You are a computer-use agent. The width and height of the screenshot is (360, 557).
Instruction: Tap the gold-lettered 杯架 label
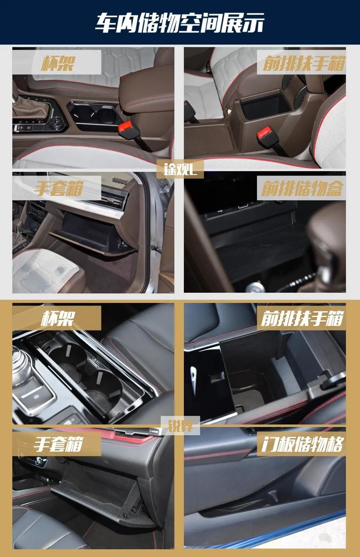58,63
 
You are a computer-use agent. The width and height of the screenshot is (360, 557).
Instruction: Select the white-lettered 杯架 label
58,318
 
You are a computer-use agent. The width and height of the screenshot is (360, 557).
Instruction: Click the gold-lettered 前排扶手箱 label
304,63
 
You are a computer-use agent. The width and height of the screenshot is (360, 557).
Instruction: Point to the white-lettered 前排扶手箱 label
302,318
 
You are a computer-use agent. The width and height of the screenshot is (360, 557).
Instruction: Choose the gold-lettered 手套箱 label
59,188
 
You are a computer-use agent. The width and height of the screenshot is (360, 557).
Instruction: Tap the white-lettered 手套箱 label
58,444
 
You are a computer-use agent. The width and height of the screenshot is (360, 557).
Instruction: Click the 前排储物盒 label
302,188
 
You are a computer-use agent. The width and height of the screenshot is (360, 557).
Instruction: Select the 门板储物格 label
302,444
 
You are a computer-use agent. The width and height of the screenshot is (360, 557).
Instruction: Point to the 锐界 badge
180,426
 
